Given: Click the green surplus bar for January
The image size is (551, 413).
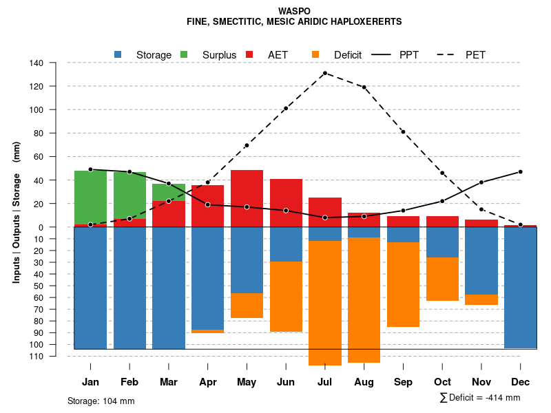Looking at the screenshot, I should click(90, 197).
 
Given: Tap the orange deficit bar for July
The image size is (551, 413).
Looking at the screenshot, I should click(325, 303).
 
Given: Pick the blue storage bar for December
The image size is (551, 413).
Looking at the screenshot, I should click(520, 287).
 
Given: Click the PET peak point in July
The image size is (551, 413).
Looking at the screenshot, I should click(324, 73).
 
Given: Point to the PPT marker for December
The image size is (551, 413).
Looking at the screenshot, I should click(521, 171).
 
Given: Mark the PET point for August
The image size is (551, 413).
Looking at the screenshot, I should click(364, 87).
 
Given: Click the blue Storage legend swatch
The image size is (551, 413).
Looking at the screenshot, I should click(118, 54).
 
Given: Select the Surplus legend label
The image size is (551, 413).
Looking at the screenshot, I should click(219, 54).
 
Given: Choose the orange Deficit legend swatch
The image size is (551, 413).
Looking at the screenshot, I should click(315, 54).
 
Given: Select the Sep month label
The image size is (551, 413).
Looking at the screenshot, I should click(403, 382).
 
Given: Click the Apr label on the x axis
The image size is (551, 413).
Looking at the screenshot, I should click(207, 382).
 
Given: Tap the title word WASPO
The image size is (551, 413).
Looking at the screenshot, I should click(294, 11).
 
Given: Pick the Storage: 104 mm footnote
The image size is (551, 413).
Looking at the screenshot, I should click(101, 401).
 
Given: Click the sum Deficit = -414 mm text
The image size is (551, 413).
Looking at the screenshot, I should click(479, 398).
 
